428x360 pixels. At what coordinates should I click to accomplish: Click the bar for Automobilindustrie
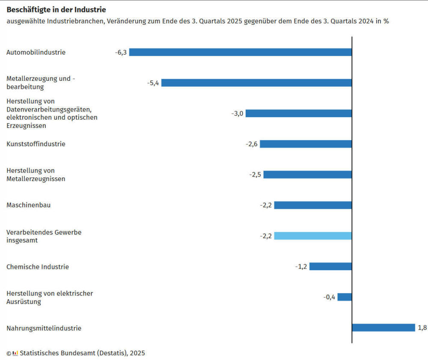(240, 52)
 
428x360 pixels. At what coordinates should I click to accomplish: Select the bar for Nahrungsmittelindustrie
(383, 328)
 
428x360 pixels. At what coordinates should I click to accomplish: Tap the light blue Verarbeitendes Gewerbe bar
(313, 236)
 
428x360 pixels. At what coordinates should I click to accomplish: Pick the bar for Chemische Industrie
(330, 266)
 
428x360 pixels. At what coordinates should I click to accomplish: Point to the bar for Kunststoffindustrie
(306, 144)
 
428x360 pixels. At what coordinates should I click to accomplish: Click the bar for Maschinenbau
(313, 205)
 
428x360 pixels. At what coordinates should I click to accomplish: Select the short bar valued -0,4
(345, 297)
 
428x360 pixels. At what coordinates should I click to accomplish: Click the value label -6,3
(121, 53)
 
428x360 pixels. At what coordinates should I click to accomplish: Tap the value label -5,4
(153, 83)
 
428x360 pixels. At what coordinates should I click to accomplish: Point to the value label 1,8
(422, 328)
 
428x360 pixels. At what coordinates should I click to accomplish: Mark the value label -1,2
(301, 267)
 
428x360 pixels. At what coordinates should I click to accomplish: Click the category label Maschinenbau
(29, 205)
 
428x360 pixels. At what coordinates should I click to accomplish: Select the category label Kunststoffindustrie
(36, 144)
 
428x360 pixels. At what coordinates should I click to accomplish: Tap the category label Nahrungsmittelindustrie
(44, 328)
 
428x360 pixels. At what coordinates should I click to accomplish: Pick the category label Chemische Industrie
(38, 267)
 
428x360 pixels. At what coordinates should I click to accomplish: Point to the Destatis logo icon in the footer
(15, 353)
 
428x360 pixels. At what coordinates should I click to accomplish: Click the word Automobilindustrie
(36, 53)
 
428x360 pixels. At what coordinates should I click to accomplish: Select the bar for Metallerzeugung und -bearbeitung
(256, 83)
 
